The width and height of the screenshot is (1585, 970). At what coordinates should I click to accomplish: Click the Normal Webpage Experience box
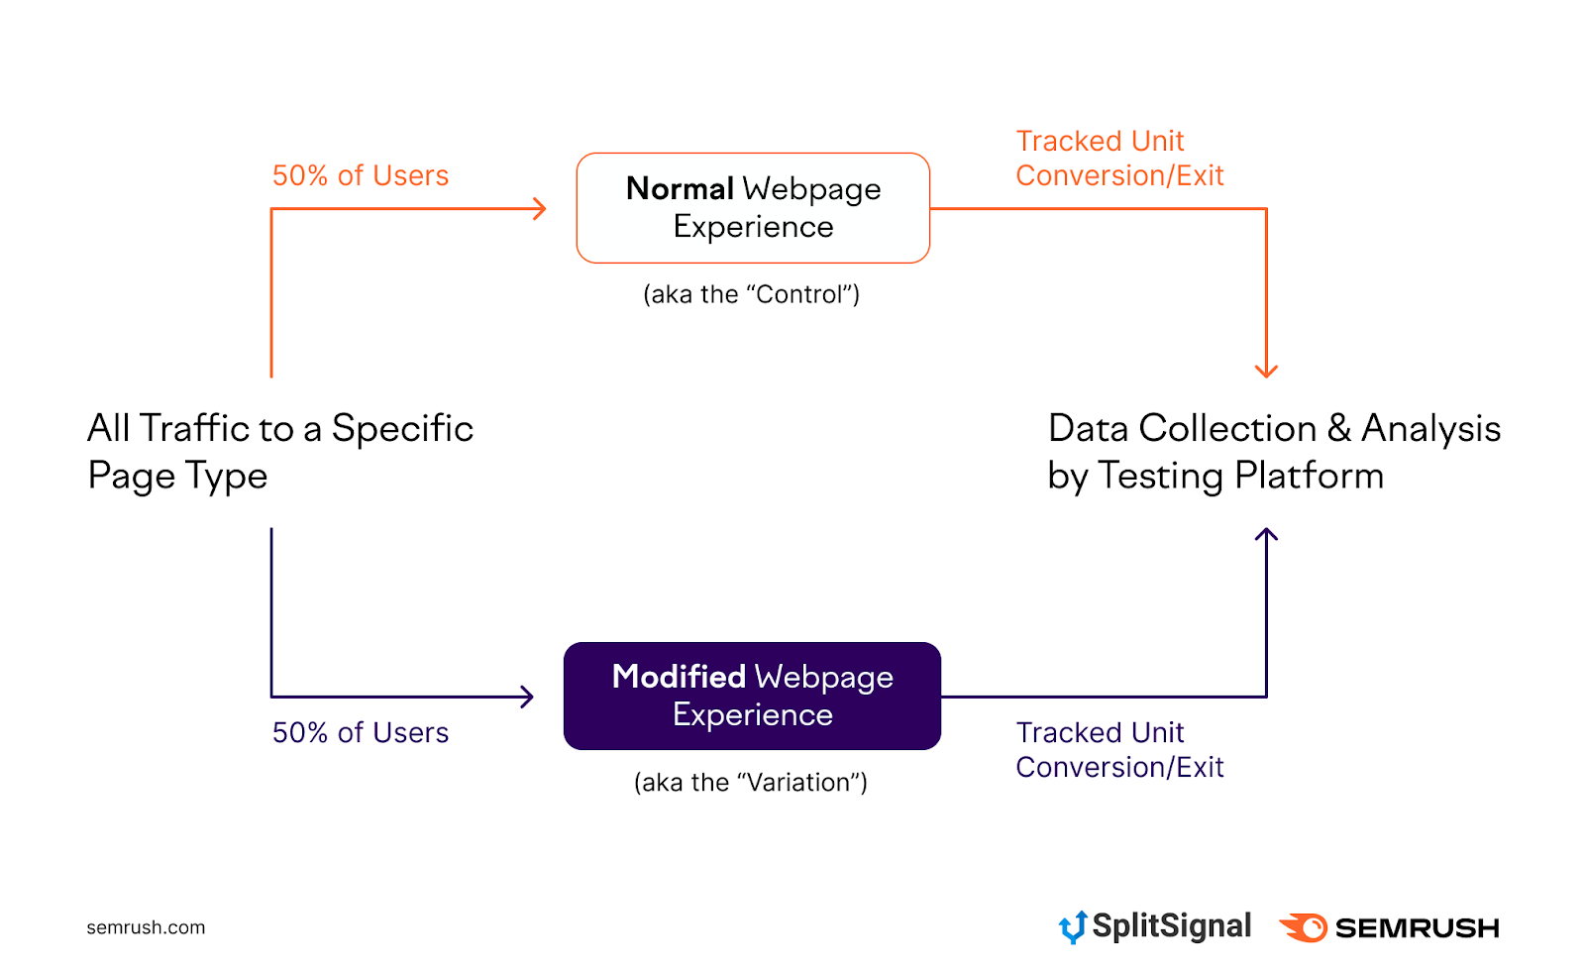point(753,208)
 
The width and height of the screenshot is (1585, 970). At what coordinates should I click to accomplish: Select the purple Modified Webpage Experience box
point(752,696)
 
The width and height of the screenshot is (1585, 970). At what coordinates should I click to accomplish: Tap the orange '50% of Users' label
point(361,176)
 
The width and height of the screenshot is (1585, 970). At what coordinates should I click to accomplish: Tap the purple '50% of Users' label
point(361,733)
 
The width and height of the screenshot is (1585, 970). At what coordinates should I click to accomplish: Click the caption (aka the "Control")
point(751,294)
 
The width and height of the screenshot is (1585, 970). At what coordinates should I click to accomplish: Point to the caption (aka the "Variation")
point(751,783)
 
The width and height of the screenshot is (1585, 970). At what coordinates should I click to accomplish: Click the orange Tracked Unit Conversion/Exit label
point(1119,159)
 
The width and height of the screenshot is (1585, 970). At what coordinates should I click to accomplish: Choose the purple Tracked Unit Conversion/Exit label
point(1119,750)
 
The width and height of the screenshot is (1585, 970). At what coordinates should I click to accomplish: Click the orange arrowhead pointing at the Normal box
point(540,208)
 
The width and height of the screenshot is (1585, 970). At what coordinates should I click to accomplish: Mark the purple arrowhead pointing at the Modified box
point(527,697)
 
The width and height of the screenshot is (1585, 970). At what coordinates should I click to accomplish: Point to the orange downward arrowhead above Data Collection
point(1266,371)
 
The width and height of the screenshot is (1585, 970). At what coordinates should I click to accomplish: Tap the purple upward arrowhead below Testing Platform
point(1266,535)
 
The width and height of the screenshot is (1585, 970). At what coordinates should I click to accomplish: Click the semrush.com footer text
point(146,927)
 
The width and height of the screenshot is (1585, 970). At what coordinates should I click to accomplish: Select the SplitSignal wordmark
point(1171,926)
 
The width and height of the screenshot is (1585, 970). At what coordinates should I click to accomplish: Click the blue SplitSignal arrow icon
point(1073,927)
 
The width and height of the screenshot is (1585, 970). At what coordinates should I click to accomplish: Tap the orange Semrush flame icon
point(1305,927)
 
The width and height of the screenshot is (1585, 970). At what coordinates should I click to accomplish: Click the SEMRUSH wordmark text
point(1417,928)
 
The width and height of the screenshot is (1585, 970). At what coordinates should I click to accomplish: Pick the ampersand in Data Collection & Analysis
point(1339,429)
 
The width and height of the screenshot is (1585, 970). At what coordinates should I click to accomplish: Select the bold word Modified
point(679,677)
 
